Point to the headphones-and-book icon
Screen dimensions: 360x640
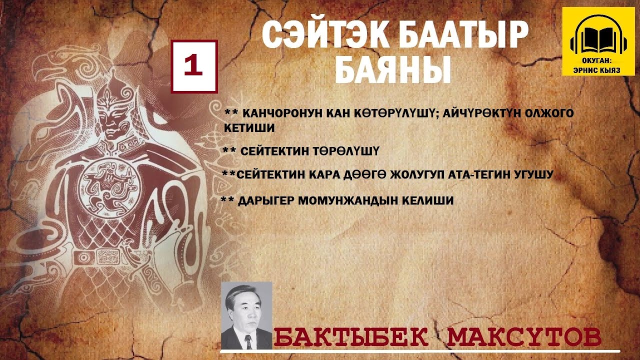[x=598, y=38]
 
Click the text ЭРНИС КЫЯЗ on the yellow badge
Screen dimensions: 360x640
[x=598, y=70]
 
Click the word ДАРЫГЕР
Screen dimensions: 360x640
[x=265, y=201]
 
